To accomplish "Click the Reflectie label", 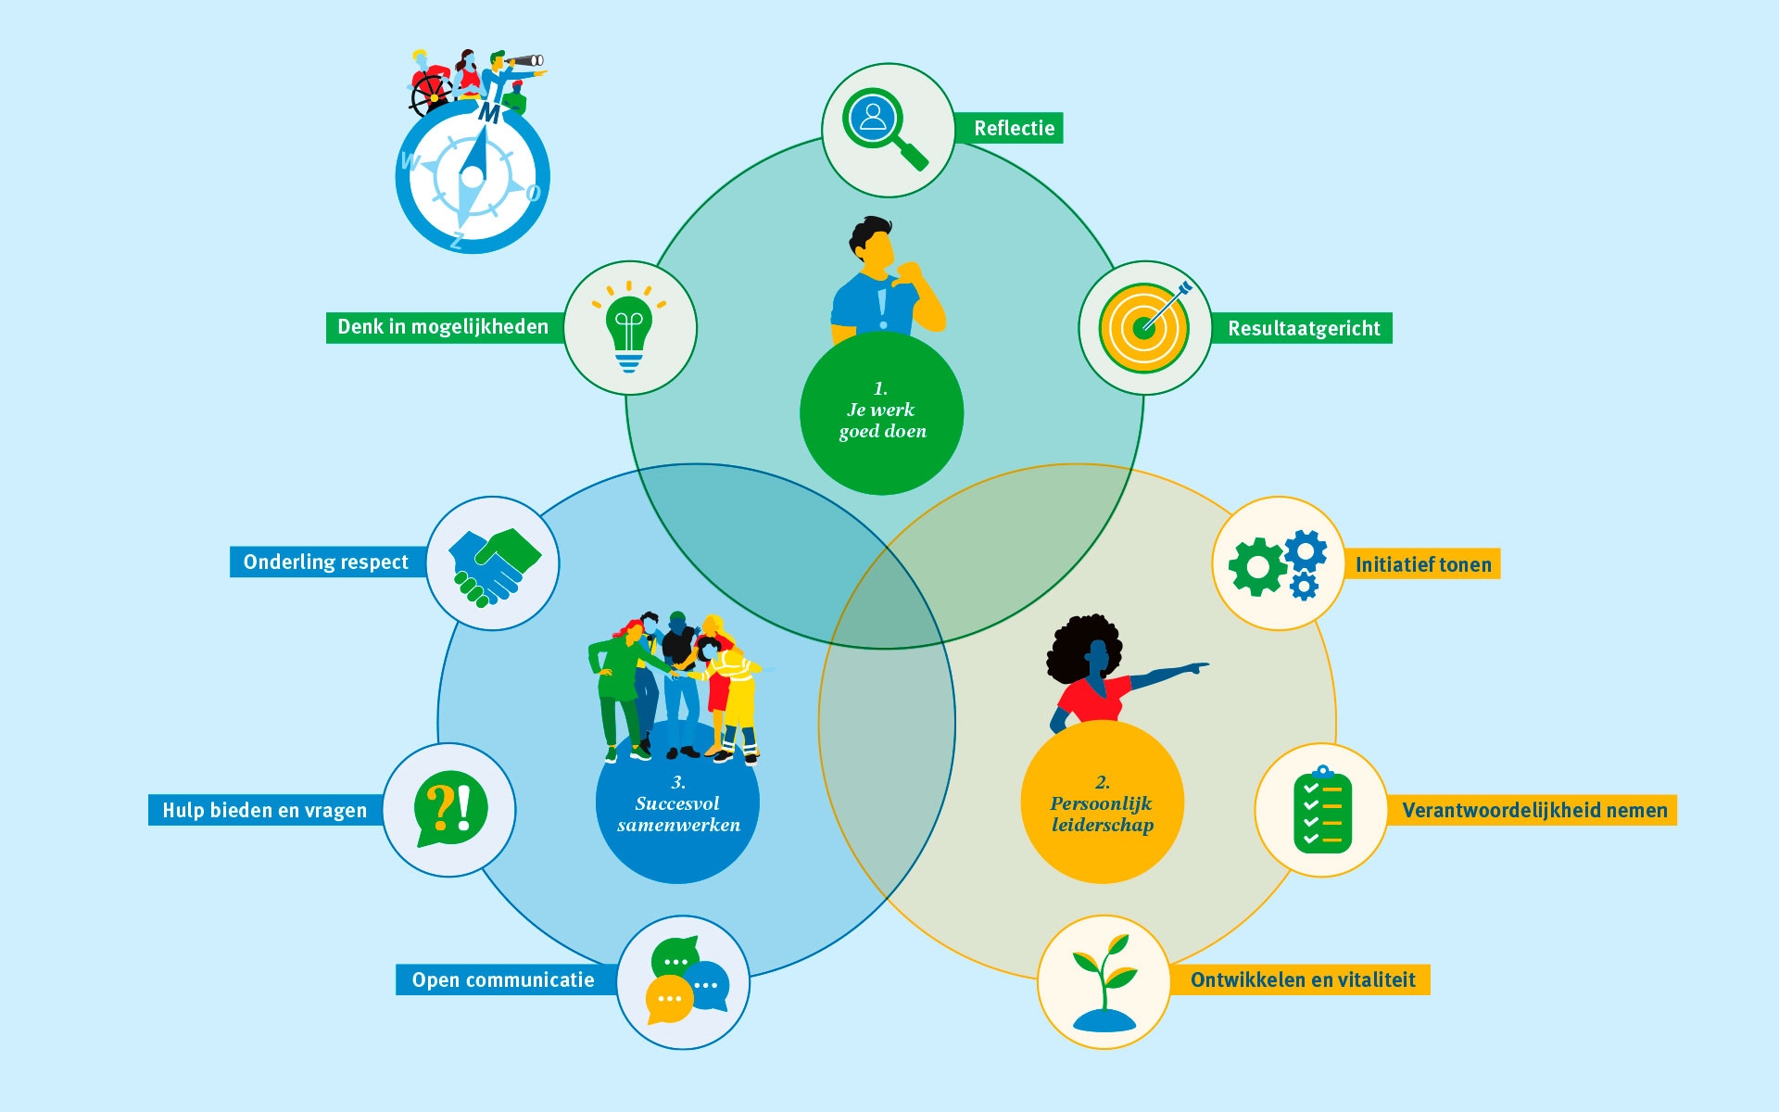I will tap(1014, 128).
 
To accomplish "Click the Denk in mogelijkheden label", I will tap(443, 327).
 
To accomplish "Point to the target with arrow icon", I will tap(1145, 327).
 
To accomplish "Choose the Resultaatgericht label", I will tap(1303, 328).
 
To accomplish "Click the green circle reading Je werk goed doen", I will tap(881, 413).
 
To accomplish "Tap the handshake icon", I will tap(494, 564).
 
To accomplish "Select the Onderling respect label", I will tap(326, 562).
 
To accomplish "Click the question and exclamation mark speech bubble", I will tap(450, 808).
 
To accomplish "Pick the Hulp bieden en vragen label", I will tap(265, 810).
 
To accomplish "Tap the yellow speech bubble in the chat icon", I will tap(669, 1000).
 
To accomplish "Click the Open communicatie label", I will tap(503, 979).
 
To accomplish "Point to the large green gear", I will tap(1257, 566).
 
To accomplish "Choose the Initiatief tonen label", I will tap(1423, 564).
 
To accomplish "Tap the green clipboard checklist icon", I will tap(1322, 809).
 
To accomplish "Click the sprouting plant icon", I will tap(1104, 982).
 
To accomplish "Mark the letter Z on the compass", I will tap(457, 241).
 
